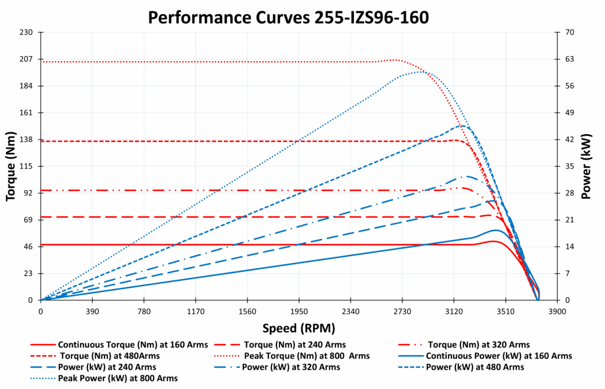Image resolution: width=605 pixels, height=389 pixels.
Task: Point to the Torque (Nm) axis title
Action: coord(11,166)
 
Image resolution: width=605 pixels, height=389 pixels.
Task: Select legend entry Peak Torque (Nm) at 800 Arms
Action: coord(307,356)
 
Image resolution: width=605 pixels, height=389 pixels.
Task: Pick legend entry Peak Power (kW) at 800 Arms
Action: coord(118,378)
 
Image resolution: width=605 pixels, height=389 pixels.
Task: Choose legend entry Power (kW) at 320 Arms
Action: coord(291,367)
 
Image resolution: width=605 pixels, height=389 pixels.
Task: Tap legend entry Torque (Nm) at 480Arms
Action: coord(110,356)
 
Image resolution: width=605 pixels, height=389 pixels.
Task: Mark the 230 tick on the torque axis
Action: coord(27,33)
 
